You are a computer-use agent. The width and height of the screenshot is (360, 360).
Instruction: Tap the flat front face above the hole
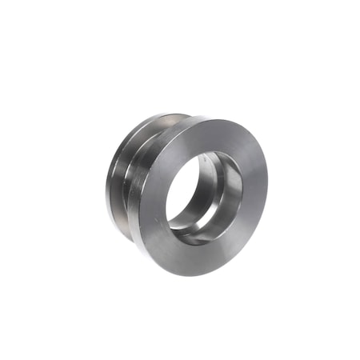tap(210, 136)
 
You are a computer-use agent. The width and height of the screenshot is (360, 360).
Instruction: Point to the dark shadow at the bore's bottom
tap(192, 236)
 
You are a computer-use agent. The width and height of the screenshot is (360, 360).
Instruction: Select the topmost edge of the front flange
tap(216, 118)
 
